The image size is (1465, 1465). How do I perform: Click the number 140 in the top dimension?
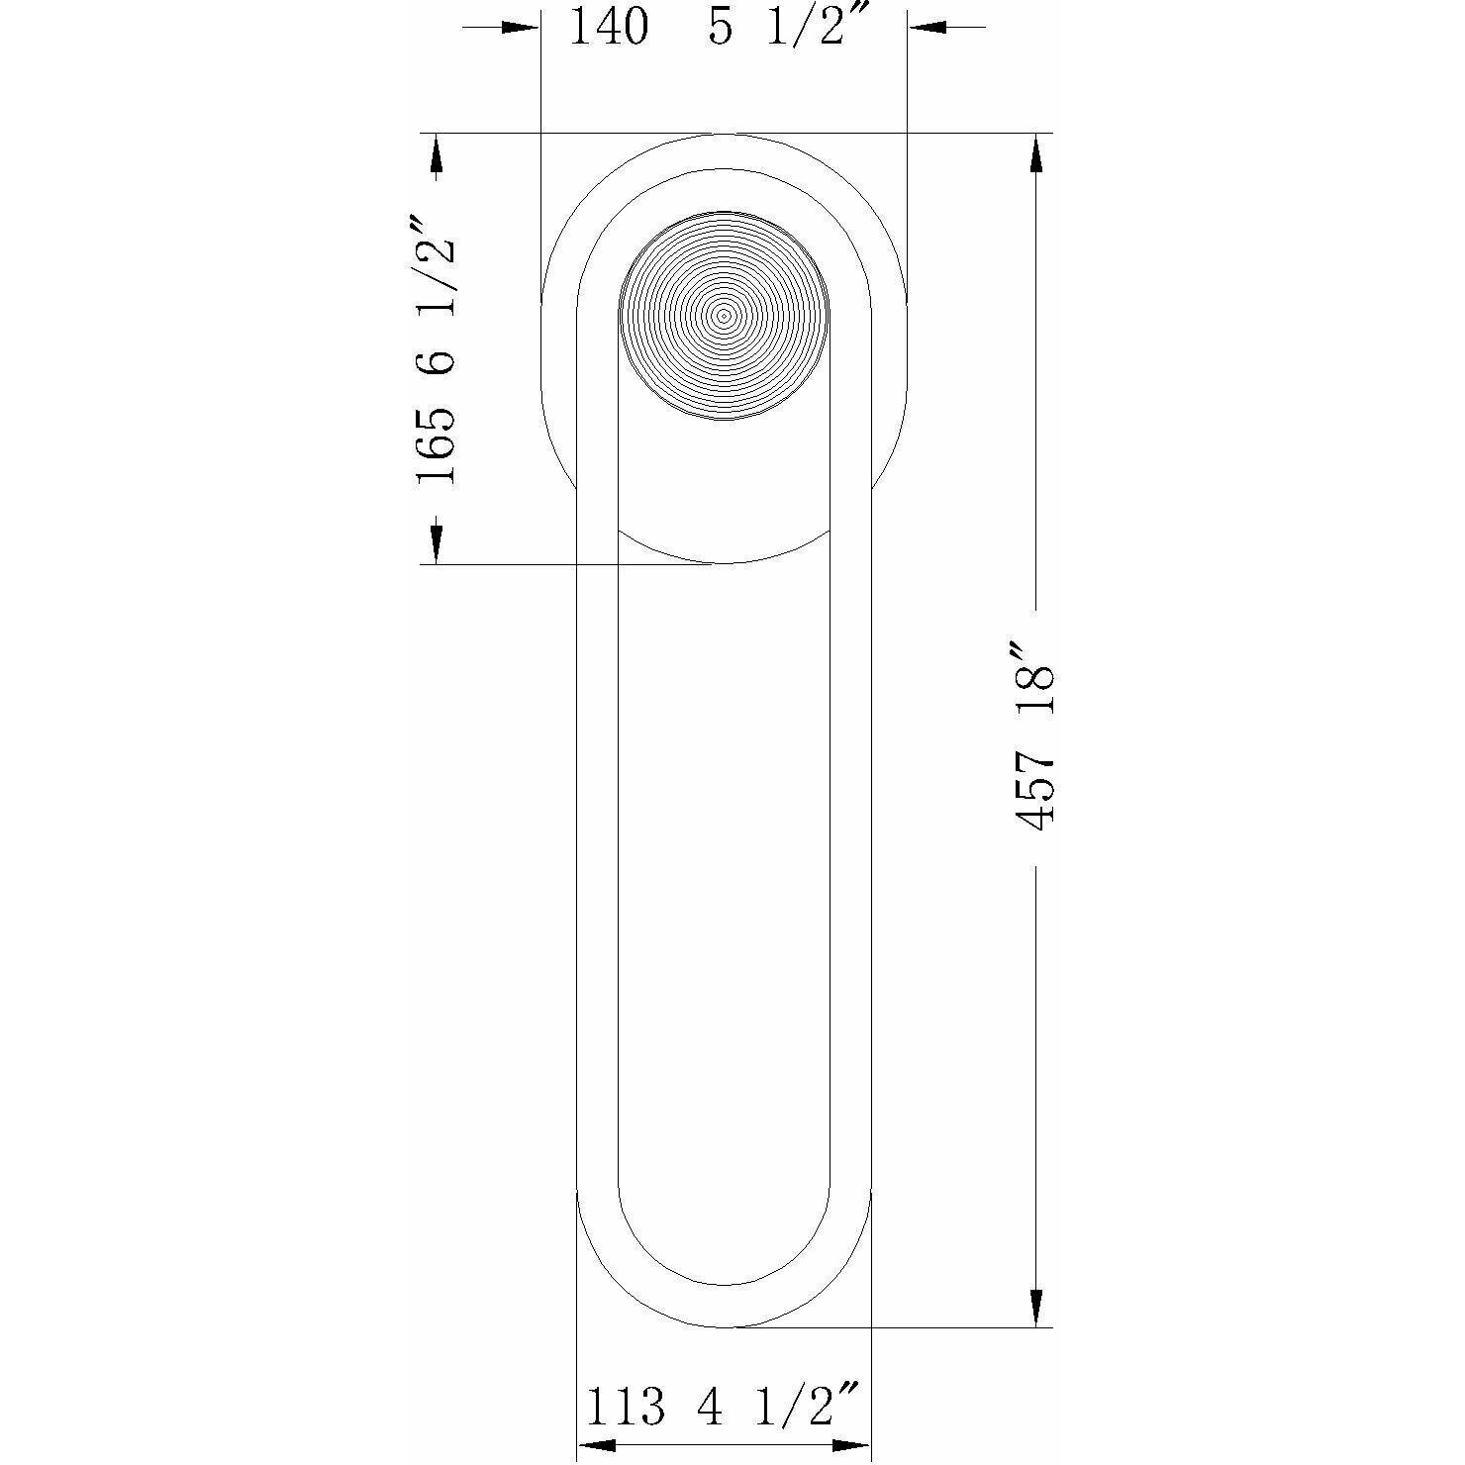point(610,27)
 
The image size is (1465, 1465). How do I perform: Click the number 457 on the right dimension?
point(1035,788)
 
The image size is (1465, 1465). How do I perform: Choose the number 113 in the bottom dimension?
point(626,1407)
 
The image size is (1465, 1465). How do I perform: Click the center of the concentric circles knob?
point(724,316)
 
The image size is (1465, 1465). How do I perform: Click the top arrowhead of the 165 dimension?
point(436,152)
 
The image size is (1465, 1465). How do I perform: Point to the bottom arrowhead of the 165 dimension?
point(436,544)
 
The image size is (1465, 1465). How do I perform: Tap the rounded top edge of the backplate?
point(724,135)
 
